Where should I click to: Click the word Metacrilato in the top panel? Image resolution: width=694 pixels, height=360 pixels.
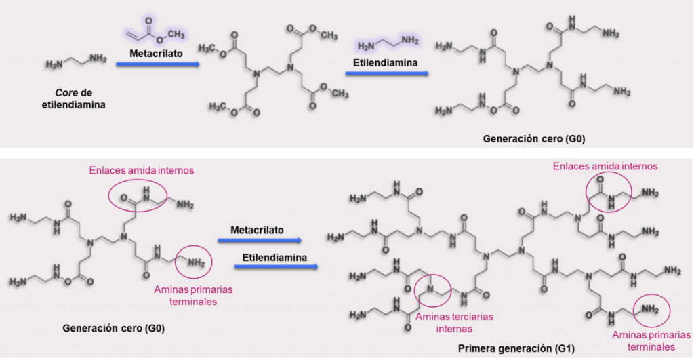[155, 52]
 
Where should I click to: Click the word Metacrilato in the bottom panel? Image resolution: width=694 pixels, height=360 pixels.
[260, 231]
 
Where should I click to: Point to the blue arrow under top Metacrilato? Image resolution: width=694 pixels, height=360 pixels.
[157, 64]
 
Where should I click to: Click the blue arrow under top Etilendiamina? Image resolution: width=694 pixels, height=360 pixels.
[386, 73]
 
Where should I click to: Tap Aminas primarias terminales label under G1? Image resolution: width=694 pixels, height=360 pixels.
[646, 340]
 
